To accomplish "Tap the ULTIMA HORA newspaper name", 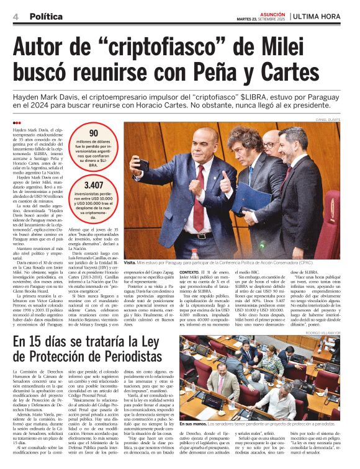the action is pos(321,16).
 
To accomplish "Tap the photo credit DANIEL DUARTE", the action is pos(329,119).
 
